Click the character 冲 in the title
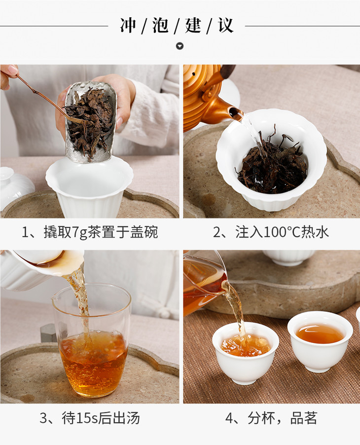128,26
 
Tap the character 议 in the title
225,26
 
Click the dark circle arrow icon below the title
180,46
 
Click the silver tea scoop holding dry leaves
90,122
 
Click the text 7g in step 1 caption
79,232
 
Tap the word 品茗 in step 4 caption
304,418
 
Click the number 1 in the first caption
25,232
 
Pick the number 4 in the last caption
229,418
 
